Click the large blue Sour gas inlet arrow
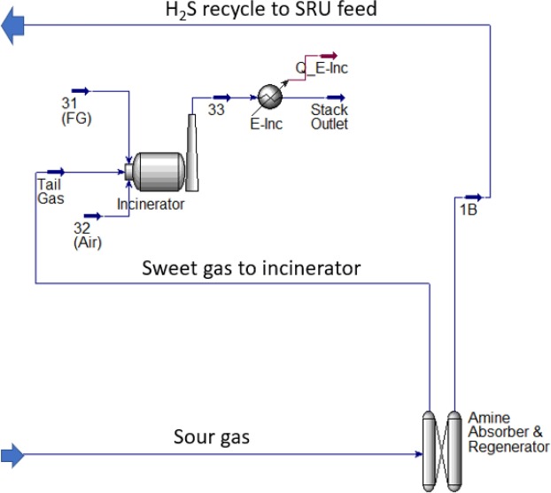pos(13,456)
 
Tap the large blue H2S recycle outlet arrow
pos(13,29)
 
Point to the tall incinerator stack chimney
pos(192,150)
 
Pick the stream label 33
pos(216,110)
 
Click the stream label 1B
pos(470,210)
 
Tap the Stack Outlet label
pos(329,117)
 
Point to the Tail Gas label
pos(50,191)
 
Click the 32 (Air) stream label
pos(87,235)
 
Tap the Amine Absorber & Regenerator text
pos(508,433)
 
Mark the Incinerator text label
pos(151,204)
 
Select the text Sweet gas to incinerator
pos(252,268)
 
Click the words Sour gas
pos(213,437)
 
